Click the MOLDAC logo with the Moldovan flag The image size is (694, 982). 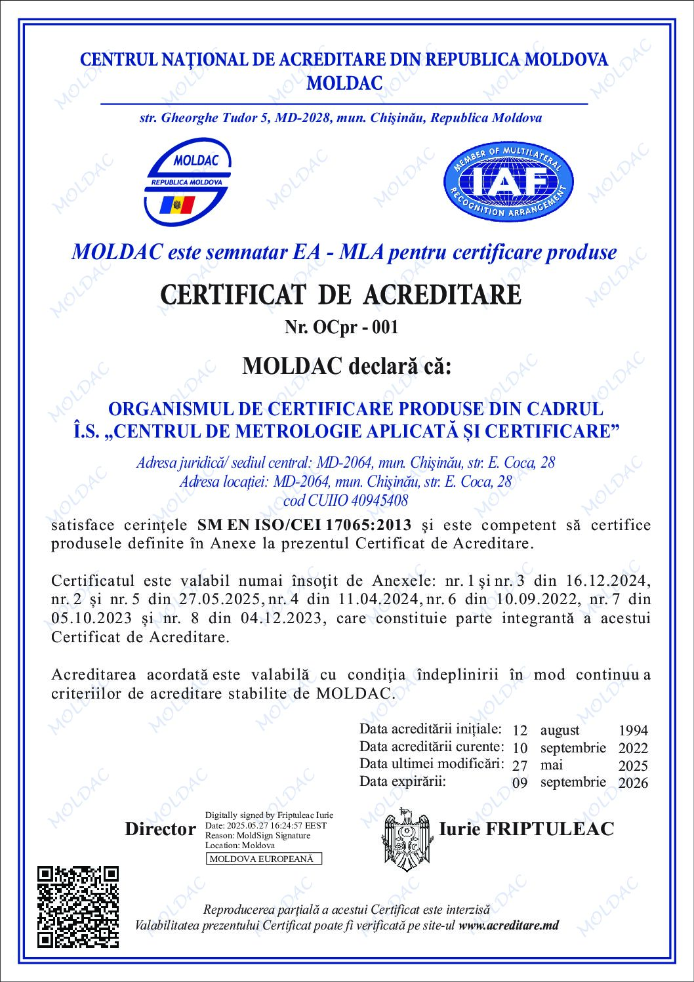point(187,180)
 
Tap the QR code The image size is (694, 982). point(78,906)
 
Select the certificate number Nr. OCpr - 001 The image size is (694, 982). point(341,327)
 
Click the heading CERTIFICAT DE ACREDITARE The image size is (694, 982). point(341,295)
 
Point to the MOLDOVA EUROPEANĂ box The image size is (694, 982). point(264,859)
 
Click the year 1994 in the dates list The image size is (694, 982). point(633,730)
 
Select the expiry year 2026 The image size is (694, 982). point(633,783)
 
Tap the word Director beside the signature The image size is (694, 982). point(160,829)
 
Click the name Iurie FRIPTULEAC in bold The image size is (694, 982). point(526,829)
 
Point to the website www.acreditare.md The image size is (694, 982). point(509,926)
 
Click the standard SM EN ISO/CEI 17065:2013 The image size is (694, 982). point(304,525)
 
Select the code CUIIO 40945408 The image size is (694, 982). point(345,501)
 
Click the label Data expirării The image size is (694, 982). point(403,781)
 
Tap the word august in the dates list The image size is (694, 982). point(560,730)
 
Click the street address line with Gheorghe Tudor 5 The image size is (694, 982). point(340,118)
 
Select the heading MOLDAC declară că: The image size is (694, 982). point(347,365)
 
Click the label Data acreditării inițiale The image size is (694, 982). point(431,729)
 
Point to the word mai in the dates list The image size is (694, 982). point(551,765)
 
